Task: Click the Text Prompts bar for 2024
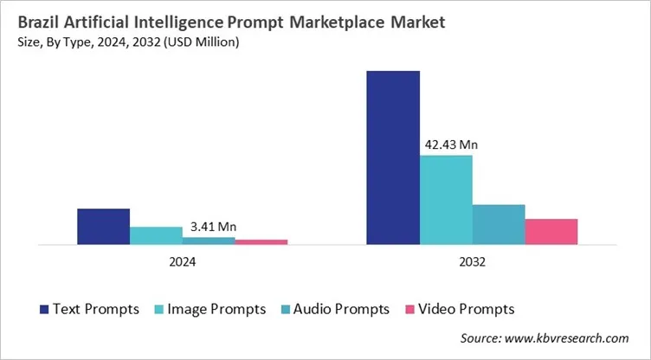pyautogui.click(x=103, y=227)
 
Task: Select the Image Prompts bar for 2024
pyautogui.click(x=156, y=235)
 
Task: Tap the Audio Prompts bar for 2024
pyautogui.click(x=209, y=241)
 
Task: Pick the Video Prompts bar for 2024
pyautogui.click(x=261, y=242)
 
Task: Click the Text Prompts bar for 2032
pyautogui.click(x=393, y=157)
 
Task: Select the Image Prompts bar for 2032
pyautogui.click(x=446, y=200)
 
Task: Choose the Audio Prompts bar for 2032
pyautogui.click(x=499, y=224)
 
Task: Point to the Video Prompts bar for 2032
pyautogui.click(x=551, y=232)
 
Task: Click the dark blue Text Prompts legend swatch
pyautogui.click(x=43, y=309)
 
